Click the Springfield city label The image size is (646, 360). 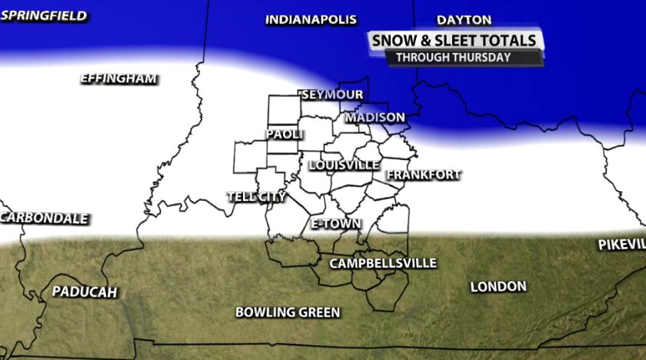coord(44,16)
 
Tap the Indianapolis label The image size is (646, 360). coord(311,20)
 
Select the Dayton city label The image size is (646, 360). coord(464,20)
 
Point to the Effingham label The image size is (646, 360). coord(119,78)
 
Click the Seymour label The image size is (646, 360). coord(331,95)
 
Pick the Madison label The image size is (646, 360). coord(375,118)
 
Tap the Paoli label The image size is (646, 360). coord(285,134)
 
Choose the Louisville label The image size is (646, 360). coord(344,165)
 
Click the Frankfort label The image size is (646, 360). coord(423,175)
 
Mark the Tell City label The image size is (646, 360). coord(257,197)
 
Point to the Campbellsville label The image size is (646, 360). coord(383,264)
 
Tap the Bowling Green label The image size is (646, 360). coord(288,312)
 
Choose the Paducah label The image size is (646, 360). coord(85,292)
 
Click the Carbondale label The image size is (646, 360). coord(45,218)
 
